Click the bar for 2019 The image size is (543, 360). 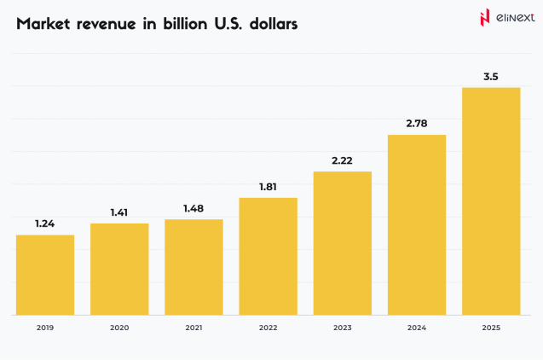(x=45, y=275)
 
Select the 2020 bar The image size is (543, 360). (x=119, y=269)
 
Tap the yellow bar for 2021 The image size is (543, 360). (x=194, y=267)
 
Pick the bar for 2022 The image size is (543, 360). (x=268, y=256)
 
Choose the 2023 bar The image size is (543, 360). (x=342, y=243)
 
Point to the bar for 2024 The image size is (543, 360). (x=417, y=224)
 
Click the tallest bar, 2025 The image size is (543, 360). (x=491, y=201)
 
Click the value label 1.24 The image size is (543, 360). (x=45, y=224)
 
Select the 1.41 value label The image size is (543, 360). (x=119, y=212)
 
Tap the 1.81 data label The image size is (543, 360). (x=268, y=187)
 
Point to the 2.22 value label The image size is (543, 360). (x=342, y=160)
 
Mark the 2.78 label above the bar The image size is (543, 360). (x=417, y=124)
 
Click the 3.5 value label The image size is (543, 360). (x=491, y=77)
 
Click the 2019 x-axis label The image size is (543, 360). (x=45, y=328)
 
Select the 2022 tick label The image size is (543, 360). (x=268, y=328)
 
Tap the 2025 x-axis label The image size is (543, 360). (x=491, y=328)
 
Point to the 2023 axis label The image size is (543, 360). (x=342, y=328)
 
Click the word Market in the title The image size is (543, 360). (x=45, y=24)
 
